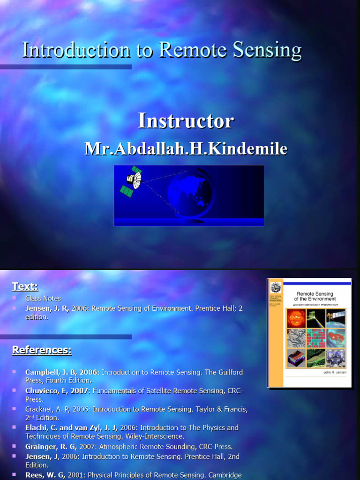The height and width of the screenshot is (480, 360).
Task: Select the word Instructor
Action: click(186, 121)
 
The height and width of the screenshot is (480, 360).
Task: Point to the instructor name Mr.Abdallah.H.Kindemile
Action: click(186, 149)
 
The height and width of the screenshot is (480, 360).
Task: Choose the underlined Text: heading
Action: click(25, 286)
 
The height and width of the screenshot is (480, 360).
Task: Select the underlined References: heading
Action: click(42, 350)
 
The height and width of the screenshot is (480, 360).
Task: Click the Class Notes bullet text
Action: click(43, 298)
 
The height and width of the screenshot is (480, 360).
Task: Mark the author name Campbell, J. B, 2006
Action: click(61, 372)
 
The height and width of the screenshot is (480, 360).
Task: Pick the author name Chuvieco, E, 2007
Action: click(56, 390)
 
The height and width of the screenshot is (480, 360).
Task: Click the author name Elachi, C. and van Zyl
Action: click(70, 427)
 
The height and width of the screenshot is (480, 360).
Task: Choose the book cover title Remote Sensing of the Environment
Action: click(315, 296)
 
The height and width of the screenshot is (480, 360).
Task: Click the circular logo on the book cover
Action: click(275, 287)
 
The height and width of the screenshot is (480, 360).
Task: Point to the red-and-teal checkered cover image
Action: click(316, 337)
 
